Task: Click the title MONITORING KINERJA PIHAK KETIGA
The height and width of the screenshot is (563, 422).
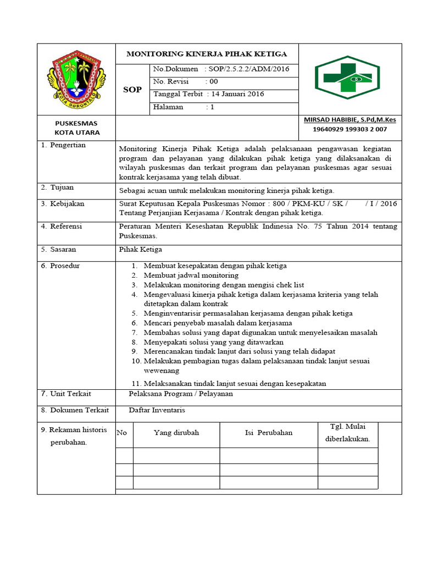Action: [207, 54]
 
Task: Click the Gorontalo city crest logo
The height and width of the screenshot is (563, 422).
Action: [76, 79]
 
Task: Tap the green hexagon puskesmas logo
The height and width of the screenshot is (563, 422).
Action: [347, 78]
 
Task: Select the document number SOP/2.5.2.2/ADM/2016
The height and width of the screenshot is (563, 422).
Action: [245, 69]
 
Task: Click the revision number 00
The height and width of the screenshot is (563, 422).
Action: [214, 81]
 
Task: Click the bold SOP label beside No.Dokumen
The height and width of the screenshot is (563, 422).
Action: [132, 90]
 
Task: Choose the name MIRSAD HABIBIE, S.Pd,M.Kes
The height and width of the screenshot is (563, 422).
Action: [349, 120]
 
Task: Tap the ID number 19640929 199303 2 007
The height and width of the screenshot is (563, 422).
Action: [349, 129]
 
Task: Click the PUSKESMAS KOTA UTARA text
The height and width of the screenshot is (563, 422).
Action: [76, 128]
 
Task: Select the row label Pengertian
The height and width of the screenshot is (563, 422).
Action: [67, 145]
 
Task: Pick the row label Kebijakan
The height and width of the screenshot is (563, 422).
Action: [66, 203]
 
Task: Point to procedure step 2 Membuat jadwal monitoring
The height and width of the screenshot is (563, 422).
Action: [191, 275]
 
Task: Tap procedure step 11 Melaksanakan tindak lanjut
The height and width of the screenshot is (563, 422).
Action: [235, 383]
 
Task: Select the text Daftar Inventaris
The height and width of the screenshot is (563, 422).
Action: [157, 410]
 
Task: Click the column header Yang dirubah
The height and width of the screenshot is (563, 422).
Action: [176, 433]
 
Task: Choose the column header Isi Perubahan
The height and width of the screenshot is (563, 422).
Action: [268, 433]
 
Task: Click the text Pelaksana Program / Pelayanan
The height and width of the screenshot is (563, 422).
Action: [181, 394]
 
